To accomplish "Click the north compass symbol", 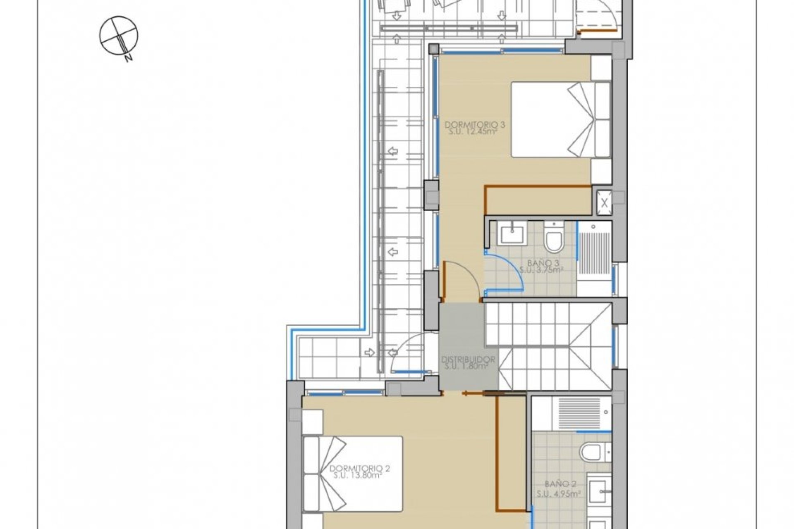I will pos(119,35).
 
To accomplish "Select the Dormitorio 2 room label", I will pos(360,468).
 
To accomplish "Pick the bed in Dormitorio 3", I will pos(560,120).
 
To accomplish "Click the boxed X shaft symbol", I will pos(604,203).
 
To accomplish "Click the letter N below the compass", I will pos(129,58).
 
